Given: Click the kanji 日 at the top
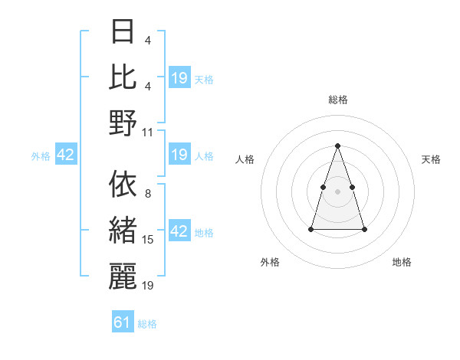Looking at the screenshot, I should (x=123, y=31).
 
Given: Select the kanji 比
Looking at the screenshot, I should (x=123, y=77).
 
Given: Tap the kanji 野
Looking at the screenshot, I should (x=123, y=123).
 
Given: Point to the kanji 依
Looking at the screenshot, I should (x=123, y=185).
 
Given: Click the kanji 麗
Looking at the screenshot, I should (x=123, y=277).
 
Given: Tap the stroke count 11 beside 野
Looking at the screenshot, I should (x=148, y=132).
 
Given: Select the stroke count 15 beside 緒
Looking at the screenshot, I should (x=148, y=240).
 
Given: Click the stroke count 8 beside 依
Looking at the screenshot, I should (x=148, y=194).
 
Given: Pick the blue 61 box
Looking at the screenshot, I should (x=123, y=322).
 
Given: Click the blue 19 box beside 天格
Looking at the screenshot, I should (x=179, y=78).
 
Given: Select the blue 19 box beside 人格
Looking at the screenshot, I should (x=179, y=155).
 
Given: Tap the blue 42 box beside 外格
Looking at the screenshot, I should (x=66, y=155).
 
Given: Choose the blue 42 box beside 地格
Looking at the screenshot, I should (x=179, y=231).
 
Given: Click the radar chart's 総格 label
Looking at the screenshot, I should (x=338, y=100).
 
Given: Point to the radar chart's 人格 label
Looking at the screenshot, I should (x=245, y=159).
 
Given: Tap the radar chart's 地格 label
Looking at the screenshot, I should (x=402, y=262).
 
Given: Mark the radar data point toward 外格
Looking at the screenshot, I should (x=311, y=229).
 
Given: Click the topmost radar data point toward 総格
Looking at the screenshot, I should (x=338, y=146).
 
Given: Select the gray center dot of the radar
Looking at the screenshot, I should (x=338, y=191).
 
